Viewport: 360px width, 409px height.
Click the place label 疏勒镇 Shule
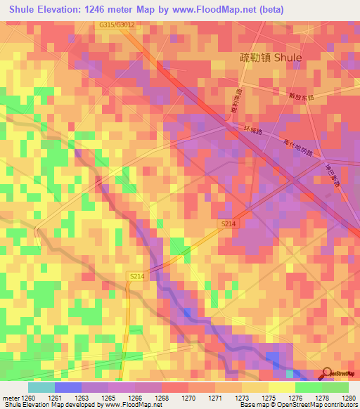pyautogui.click(x=271, y=58)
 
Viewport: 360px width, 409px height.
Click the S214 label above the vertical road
pyautogui.click(x=136, y=277)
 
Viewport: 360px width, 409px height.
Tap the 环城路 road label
pyautogui.click(x=251, y=131)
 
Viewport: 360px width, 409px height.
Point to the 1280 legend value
pyautogui.click(x=349, y=397)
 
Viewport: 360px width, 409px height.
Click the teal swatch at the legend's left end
pyautogui.click(x=41, y=387)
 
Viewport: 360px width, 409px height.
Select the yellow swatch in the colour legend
pyautogui.click(x=281, y=387)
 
